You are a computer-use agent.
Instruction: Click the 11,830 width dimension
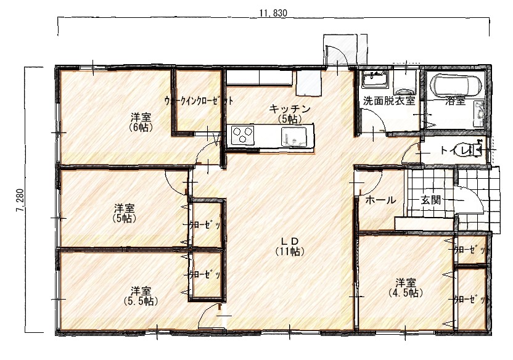273,13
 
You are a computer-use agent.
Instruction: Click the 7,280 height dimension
20,200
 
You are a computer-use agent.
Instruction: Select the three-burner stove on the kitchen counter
242,134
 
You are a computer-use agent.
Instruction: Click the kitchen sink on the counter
293,136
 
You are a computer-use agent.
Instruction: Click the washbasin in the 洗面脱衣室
374,79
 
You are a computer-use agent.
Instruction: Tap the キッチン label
290,109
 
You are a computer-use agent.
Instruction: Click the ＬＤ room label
290,242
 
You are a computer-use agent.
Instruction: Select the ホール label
380,200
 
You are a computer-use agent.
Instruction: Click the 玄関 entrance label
430,200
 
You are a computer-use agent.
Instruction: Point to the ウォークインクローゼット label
199,100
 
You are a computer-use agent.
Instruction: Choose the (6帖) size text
141,127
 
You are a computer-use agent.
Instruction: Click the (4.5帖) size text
405,293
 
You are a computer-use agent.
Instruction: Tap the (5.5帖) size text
141,301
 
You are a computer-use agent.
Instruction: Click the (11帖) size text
290,252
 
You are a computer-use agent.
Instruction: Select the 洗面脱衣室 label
389,100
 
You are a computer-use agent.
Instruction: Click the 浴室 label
455,100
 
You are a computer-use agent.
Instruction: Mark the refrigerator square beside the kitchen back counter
308,83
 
